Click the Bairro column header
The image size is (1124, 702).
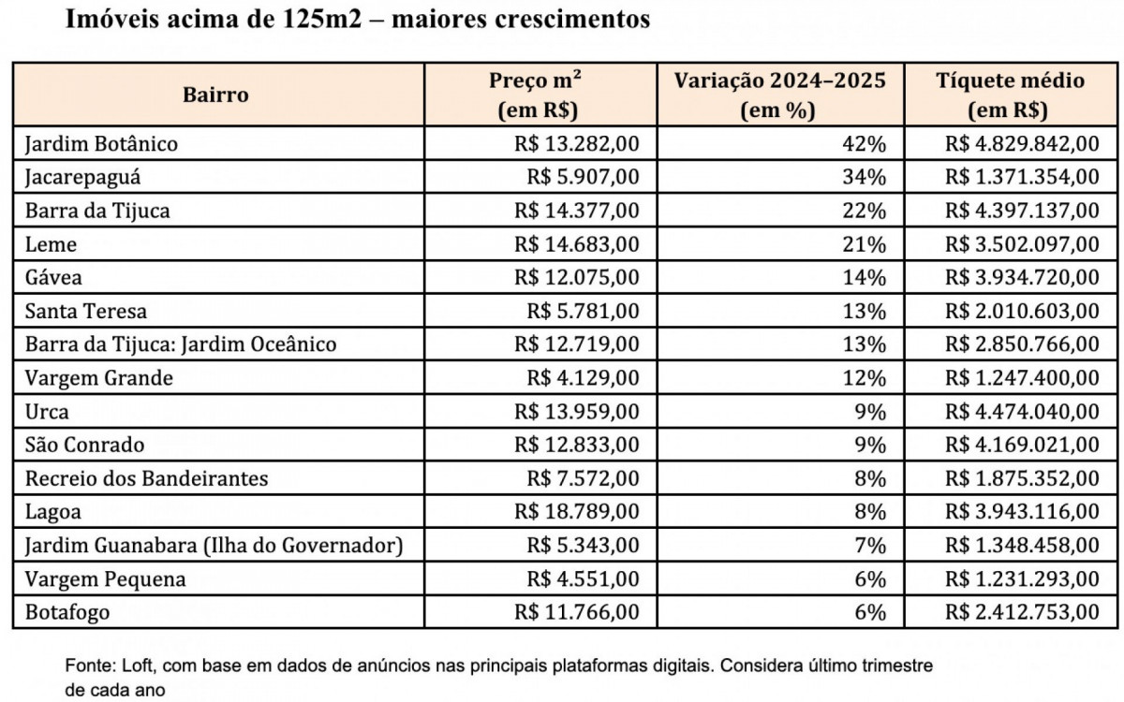pyautogui.click(x=215, y=95)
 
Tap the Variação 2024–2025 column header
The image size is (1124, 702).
pyautogui.click(x=779, y=95)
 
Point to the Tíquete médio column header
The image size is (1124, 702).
pyautogui.click(x=1011, y=95)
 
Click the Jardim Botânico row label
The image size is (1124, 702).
pyautogui.click(x=101, y=144)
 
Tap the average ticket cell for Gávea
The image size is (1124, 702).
pyautogui.click(x=1023, y=278)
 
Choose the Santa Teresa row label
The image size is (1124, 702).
pyautogui.click(x=86, y=311)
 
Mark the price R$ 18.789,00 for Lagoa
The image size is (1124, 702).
pyautogui.click(x=577, y=512)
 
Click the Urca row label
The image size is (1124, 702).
pyautogui.click(x=47, y=412)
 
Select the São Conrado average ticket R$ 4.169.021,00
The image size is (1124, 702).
pyautogui.click(x=1023, y=445)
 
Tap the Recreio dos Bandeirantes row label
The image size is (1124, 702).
pyautogui.click(x=146, y=478)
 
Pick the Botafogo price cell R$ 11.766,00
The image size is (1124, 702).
pyautogui.click(x=577, y=613)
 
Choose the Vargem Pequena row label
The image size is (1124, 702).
pyautogui.click(x=105, y=579)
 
